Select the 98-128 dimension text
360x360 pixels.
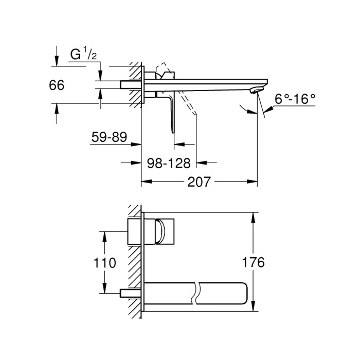tap(169, 163)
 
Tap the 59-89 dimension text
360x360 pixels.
tap(109, 138)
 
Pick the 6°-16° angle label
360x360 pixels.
tap(295, 99)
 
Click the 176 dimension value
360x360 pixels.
tap(253, 262)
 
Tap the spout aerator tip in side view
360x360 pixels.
tap(255, 91)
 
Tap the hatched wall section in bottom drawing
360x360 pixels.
tap(135, 262)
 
